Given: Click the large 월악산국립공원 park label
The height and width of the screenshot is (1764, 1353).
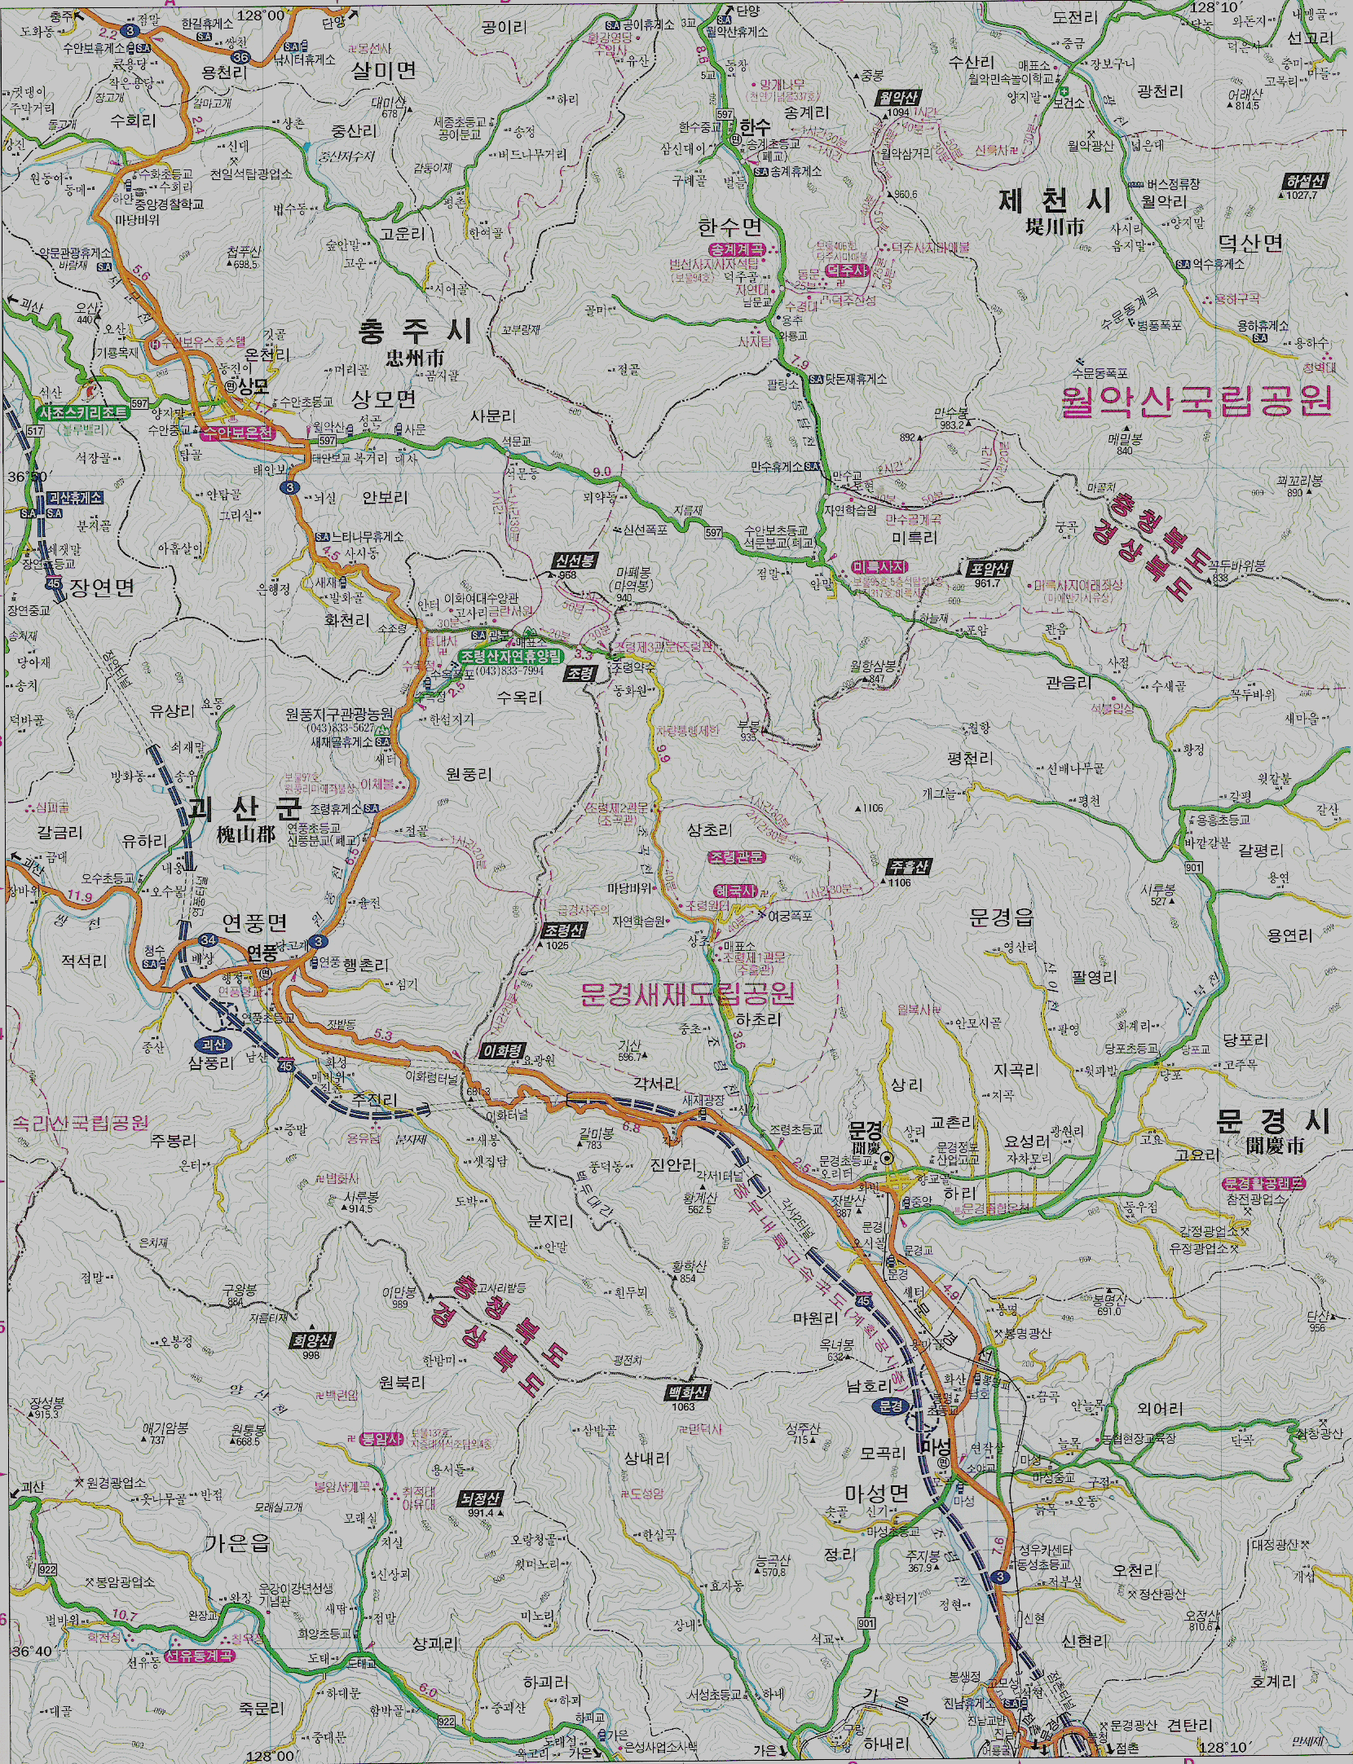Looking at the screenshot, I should [1196, 402].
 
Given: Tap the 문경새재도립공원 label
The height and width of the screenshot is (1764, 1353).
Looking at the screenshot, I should [686, 993].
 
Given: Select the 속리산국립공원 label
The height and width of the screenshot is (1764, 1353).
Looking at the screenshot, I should [80, 1123].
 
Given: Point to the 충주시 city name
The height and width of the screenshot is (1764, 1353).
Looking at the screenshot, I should [415, 331].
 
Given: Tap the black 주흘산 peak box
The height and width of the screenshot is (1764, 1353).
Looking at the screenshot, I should [906, 867].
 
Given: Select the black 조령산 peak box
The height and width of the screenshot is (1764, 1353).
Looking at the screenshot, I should [564, 930].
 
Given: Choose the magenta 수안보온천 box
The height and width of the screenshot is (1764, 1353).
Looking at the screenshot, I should [238, 433].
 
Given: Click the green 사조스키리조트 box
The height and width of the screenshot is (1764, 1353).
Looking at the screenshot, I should [82, 412].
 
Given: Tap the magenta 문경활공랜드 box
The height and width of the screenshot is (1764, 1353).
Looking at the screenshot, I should [1263, 1183].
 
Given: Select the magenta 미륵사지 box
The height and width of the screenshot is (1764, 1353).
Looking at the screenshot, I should [878, 566].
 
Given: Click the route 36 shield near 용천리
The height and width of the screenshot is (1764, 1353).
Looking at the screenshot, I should [240, 57].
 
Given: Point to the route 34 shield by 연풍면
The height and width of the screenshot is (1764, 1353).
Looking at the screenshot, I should [208, 940].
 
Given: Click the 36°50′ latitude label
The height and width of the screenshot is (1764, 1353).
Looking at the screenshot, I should [29, 475].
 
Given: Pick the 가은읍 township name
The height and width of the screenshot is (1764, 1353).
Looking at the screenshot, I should [237, 1543].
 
